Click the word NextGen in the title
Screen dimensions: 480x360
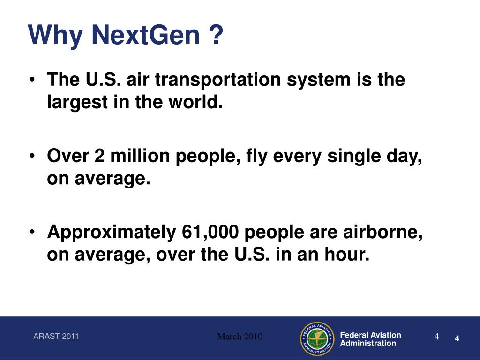(145, 35)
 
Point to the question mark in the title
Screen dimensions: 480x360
(217, 35)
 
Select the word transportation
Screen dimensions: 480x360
(218, 80)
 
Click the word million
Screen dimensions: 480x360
(140, 156)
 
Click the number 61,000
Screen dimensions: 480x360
(210, 232)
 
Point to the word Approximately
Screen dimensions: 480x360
(112, 232)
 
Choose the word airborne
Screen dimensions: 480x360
(382, 232)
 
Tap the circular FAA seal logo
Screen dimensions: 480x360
(317, 339)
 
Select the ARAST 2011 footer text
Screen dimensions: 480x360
(56, 336)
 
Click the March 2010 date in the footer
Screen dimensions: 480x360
(240, 337)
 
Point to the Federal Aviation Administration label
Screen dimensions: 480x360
(371, 339)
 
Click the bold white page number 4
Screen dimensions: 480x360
(457, 338)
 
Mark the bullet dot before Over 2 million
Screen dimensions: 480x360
(32, 156)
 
